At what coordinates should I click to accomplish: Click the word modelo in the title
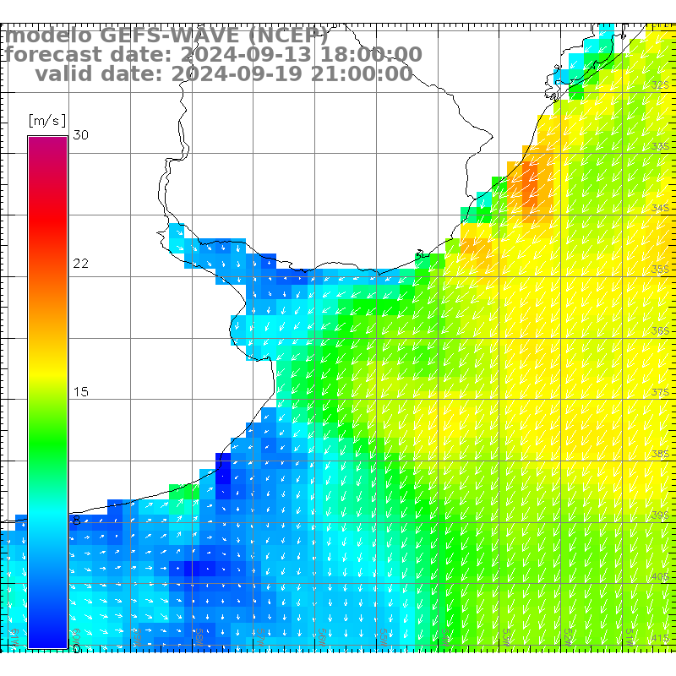(48, 35)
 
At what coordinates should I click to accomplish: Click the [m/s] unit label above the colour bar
(47, 120)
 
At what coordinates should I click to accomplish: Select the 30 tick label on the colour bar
(81, 135)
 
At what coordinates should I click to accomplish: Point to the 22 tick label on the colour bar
(81, 264)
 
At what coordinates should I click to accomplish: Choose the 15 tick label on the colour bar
(81, 392)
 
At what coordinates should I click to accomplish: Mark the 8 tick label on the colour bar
(77, 521)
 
